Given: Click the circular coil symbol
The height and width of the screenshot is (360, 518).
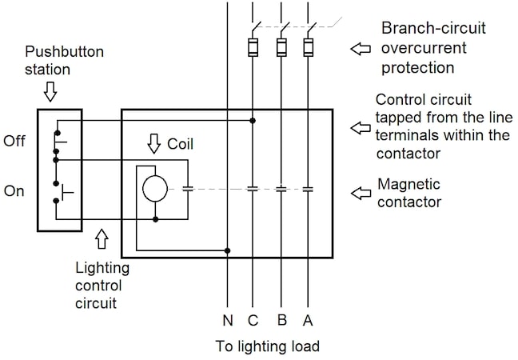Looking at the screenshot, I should coord(154,190).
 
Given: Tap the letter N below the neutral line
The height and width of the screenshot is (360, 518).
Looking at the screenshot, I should coord(228,321).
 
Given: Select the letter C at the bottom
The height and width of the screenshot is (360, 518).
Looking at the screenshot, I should coord(253,321).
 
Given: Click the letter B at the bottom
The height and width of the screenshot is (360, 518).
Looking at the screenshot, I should coord(281,321).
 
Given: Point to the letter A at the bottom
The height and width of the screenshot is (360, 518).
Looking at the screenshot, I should coord(307,321).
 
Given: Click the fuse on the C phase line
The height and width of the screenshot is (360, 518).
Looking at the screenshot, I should coord(253,47).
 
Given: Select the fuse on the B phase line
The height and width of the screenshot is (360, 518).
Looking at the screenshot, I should coord(281,47).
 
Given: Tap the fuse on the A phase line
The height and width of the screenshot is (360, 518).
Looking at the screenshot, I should coord(308,47).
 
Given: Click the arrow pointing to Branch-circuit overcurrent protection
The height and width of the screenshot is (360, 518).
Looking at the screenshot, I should coord(362,50).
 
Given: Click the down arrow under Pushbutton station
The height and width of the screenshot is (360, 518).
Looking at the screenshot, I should coord(50,94).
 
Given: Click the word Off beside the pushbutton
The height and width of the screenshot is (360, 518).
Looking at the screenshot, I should coord(14,142).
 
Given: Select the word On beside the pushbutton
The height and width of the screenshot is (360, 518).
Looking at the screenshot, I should coord(14,191).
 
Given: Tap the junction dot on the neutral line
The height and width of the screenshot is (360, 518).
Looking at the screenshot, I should coord(228,250).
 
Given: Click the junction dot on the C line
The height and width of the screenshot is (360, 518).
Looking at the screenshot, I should coord(253,122).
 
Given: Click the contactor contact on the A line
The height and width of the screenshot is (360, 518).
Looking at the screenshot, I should coord(308,190).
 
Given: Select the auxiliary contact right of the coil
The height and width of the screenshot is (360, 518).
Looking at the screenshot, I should coord(188,190).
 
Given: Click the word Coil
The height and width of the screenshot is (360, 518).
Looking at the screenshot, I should coord(180,145).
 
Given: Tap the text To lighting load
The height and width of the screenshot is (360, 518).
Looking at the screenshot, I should coord(268,346).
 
